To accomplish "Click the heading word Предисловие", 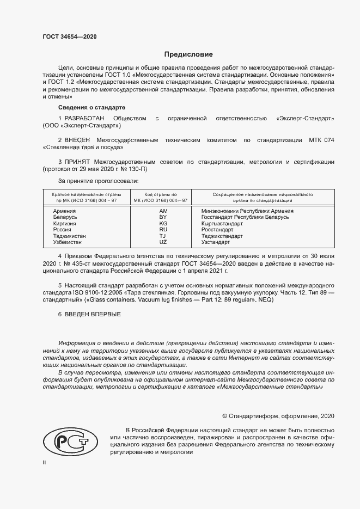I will point(188,54).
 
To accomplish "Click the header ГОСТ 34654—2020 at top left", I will point(70,37).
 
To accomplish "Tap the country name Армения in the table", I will point(64,211).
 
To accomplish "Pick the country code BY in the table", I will point(163,217).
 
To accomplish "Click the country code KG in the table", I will point(163,223).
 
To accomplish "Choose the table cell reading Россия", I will point(63,230).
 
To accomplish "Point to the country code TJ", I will point(163,236).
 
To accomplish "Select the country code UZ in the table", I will point(163,241).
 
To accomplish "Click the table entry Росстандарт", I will point(217,230).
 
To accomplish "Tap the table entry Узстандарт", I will point(216,242).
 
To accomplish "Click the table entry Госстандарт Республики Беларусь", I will point(245,217).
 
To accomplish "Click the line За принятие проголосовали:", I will point(99,180).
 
